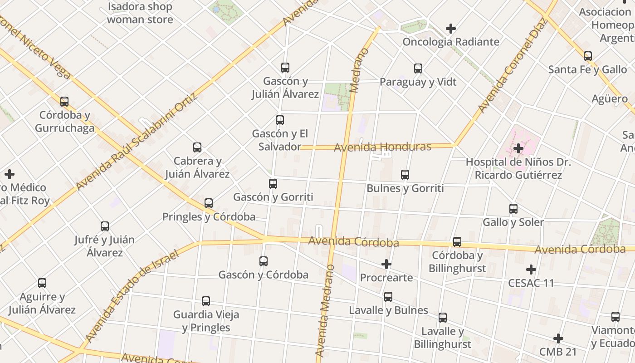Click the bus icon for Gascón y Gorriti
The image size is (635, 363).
[273, 184]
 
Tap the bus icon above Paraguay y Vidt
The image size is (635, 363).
[418, 69]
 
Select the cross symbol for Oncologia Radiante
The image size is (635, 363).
[450, 29]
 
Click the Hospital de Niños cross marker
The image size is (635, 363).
[518, 148]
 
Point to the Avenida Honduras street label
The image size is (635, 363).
[382, 147]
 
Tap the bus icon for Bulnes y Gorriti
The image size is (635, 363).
[405, 175]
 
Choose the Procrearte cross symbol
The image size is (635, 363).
[386, 264]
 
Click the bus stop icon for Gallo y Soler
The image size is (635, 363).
[513, 209]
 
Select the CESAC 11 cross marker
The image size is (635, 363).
[531, 270]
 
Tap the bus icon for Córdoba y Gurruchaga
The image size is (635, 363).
[64, 101]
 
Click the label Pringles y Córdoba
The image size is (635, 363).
[209, 217]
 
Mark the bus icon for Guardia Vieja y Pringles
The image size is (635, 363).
[206, 301]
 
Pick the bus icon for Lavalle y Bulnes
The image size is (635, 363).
[388, 297]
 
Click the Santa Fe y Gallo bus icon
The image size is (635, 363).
[588, 56]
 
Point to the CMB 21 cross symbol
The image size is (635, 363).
[558, 338]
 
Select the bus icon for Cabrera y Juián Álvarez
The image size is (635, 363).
[197, 147]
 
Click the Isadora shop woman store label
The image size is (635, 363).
[140, 13]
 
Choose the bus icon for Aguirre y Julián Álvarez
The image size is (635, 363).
[42, 283]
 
